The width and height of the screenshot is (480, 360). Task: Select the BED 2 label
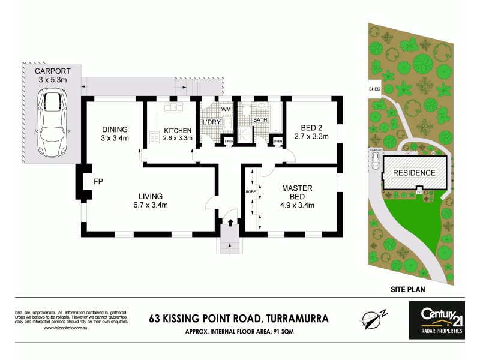[311, 131]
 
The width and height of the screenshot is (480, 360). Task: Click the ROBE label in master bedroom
[251, 192]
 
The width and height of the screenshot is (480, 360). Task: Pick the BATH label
[260, 120]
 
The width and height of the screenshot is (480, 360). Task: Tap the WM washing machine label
[226, 110]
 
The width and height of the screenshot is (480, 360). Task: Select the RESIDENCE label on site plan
[414, 173]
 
